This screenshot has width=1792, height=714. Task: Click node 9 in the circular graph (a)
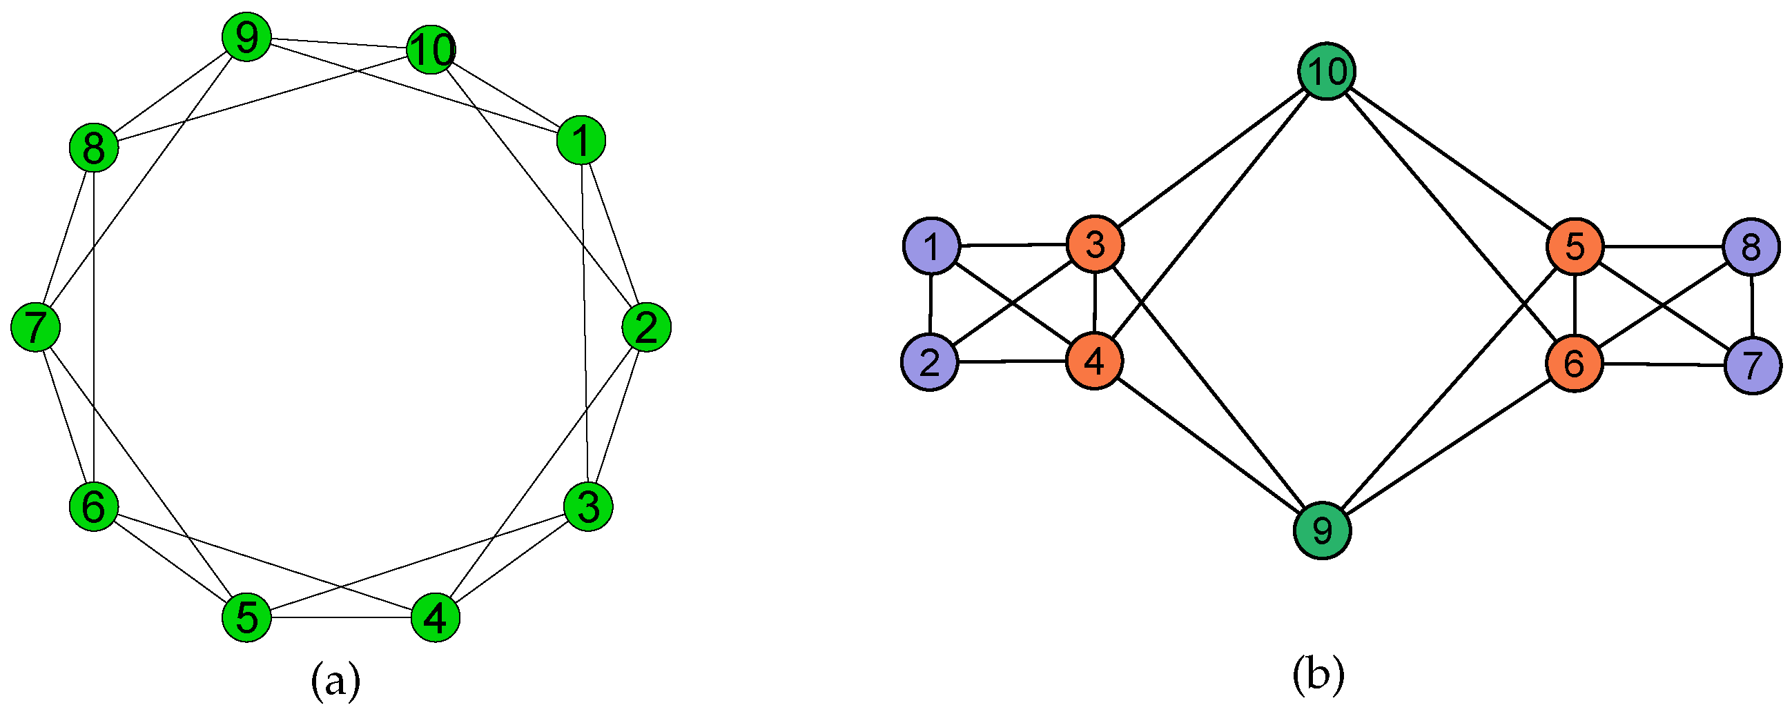tap(246, 37)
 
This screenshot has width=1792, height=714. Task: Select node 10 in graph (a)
tap(431, 50)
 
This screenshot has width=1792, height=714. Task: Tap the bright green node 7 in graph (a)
tap(35, 327)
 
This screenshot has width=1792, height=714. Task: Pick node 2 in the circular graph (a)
tap(646, 327)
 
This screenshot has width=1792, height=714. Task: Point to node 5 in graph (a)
tap(246, 617)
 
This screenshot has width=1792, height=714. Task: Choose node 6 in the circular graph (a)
tap(94, 506)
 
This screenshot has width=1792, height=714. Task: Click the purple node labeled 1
tap(931, 246)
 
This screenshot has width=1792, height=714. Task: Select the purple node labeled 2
tap(929, 361)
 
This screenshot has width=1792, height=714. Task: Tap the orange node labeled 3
tap(1095, 244)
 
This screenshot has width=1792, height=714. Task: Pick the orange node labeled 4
tap(1094, 361)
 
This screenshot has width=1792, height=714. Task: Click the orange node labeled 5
tap(1575, 246)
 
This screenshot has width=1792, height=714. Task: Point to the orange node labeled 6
tap(1575, 363)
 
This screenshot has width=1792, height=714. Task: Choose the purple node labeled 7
tap(1753, 365)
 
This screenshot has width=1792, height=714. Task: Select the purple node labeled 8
tap(1752, 246)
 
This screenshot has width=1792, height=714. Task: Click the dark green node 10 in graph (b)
tap(1327, 71)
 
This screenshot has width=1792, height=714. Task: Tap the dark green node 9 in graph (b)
tap(1322, 530)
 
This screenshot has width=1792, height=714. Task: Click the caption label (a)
tap(335, 681)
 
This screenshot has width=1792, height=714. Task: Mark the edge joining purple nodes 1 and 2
tap(930, 304)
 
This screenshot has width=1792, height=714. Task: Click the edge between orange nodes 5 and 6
tap(1575, 304)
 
